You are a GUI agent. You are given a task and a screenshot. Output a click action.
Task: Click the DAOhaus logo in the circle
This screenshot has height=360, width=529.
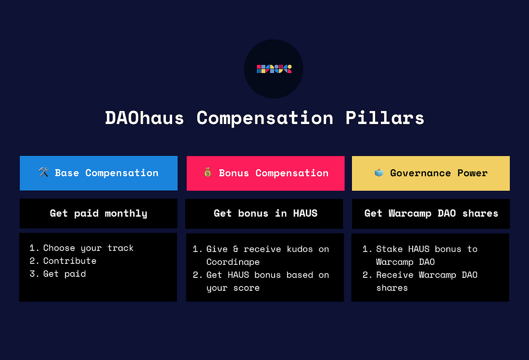pos(274,69)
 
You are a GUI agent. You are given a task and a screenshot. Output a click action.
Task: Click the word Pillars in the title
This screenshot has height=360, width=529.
pos(385,118)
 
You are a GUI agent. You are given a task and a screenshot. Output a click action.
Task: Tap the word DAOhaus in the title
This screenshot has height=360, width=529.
pos(144,118)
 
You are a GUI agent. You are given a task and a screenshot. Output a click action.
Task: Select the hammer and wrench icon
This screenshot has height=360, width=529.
pos(43,172)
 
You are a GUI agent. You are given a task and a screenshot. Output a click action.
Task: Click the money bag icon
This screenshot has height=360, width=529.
pos(207,172)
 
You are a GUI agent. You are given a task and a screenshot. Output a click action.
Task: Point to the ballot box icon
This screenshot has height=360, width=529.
pos(379,173)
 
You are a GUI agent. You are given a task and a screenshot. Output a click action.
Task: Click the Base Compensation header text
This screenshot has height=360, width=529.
pos(107,173)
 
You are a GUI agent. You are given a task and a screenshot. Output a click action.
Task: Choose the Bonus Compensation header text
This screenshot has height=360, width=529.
pos(274,173)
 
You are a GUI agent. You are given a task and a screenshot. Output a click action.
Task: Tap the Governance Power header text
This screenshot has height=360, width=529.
pos(439,173)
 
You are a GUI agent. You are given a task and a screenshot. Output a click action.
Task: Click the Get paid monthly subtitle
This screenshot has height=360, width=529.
pos(99,213)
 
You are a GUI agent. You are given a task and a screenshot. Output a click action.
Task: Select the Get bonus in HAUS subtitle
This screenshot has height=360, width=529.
pos(265,213)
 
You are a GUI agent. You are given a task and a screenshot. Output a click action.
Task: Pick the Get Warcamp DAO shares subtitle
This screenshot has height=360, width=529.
pos(431,213)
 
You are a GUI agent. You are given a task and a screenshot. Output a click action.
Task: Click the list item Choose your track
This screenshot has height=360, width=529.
pos(88,248)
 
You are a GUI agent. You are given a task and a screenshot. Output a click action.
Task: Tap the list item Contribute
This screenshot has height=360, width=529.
pos(70,261)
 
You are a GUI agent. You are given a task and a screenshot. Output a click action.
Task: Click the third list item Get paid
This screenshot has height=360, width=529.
pos(64,274)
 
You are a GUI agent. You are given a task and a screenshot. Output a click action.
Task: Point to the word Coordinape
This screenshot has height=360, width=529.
pos(233,262)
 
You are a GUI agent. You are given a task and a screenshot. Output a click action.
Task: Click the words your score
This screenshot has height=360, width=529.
pos(233,288)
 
